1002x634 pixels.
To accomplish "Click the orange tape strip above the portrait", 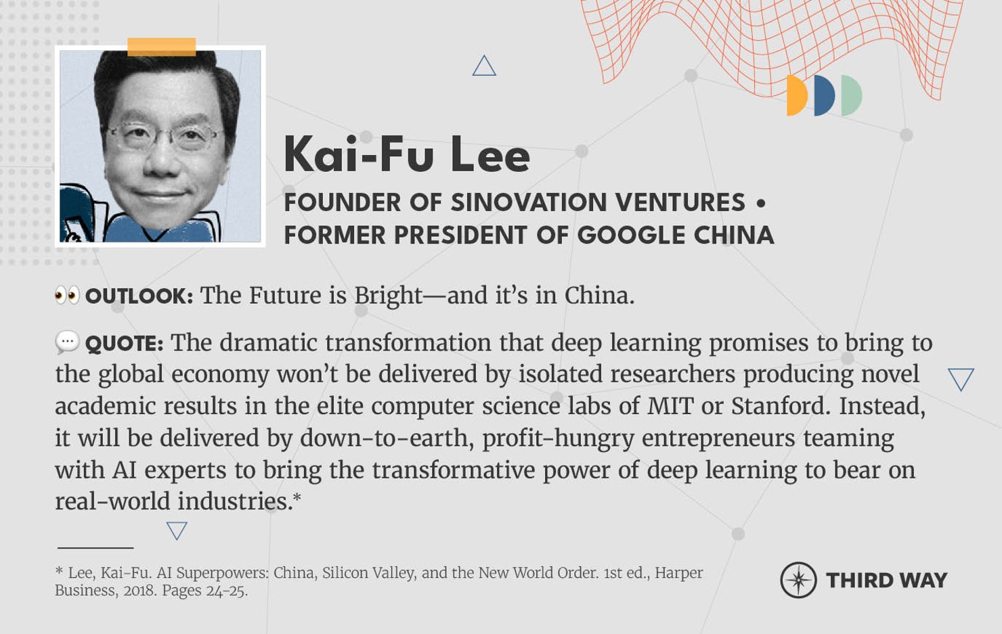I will tap(161, 47).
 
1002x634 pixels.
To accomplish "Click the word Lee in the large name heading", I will tap(489, 155).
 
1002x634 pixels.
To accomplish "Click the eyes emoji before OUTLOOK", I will tap(67, 296).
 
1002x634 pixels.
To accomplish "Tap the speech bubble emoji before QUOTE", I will tap(67, 342).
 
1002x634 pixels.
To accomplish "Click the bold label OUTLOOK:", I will tap(139, 296).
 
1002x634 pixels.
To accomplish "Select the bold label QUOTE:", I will tap(124, 344).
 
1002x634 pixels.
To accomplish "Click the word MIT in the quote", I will tap(670, 406).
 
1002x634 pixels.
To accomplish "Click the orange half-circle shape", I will tap(797, 96).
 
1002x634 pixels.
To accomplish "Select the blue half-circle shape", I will tap(825, 96).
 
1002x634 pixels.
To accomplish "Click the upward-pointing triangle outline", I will tap(484, 66).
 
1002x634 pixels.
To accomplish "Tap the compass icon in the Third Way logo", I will tap(798, 580).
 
